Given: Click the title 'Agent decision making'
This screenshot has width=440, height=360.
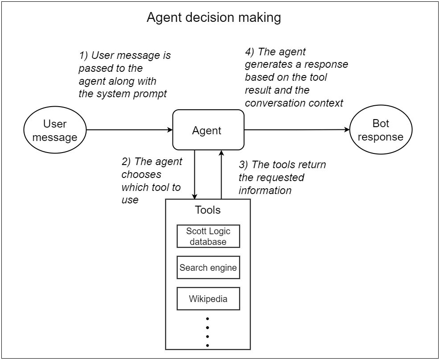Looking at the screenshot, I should pyautogui.click(x=214, y=17).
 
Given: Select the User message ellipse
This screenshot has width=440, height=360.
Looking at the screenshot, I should pyautogui.click(x=55, y=130).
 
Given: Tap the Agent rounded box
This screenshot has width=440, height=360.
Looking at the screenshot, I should pyautogui.click(x=208, y=130).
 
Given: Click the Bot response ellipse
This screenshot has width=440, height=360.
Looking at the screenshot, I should pyautogui.click(x=380, y=130).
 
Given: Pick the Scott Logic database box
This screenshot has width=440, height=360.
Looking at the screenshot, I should pyautogui.click(x=208, y=236).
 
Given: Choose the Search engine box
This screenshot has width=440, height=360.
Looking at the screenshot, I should pyautogui.click(x=208, y=268).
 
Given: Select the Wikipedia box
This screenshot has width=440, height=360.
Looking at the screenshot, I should pyautogui.click(x=208, y=299).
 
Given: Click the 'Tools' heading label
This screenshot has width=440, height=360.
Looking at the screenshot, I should pyautogui.click(x=208, y=210).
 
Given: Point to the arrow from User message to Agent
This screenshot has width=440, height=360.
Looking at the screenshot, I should pyautogui.click(x=129, y=130).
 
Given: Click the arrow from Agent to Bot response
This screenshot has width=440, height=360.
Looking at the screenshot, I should pyautogui.click(x=297, y=130).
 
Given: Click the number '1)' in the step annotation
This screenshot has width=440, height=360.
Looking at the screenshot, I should pyautogui.click(x=84, y=56).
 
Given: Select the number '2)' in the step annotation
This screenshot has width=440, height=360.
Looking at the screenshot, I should pyautogui.click(x=127, y=162).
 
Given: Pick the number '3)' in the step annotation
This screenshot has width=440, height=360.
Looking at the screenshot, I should pyautogui.click(x=244, y=165).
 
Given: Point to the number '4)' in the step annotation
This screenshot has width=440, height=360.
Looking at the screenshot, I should pyautogui.click(x=250, y=52).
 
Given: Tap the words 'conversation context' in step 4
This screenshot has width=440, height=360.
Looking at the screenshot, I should pyautogui.click(x=294, y=103).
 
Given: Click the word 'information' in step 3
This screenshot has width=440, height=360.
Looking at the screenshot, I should pyautogui.click(x=265, y=190).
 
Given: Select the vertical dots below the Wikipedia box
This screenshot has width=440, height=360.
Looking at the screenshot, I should pyautogui.click(x=208, y=332).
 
